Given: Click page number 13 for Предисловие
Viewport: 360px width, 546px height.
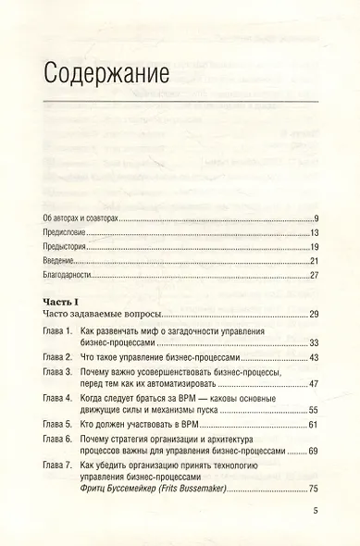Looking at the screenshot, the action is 314,231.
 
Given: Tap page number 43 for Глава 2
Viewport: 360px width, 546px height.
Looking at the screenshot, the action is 314,357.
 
